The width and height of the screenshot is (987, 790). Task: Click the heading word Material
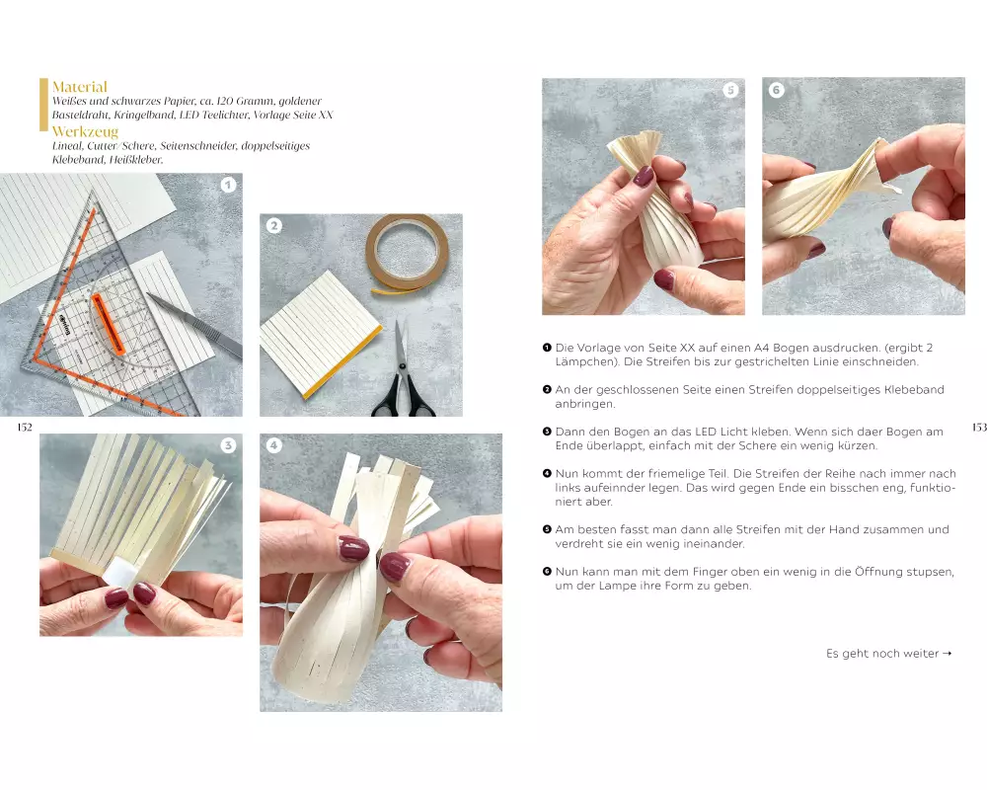(x=79, y=87)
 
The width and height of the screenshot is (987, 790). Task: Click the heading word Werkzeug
(x=85, y=131)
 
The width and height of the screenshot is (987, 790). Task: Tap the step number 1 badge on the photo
(x=228, y=185)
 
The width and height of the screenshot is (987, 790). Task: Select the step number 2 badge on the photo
(x=273, y=225)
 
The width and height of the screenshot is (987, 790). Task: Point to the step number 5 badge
(x=730, y=90)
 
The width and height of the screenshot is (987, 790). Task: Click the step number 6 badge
(x=776, y=90)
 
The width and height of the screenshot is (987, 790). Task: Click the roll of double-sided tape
(x=407, y=252)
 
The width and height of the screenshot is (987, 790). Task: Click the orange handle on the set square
(x=109, y=324)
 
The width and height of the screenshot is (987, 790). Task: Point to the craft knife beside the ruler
(x=193, y=325)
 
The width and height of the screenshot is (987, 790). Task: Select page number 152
(x=25, y=428)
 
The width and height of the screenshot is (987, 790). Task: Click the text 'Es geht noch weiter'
(x=881, y=654)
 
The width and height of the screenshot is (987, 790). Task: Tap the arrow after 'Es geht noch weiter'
(x=947, y=654)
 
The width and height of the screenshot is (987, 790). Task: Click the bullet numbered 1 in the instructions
(x=547, y=348)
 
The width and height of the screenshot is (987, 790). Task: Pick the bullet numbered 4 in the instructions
(x=547, y=474)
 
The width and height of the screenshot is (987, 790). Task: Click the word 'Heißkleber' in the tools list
(x=135, y=160)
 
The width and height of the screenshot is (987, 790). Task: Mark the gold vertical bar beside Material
(x=43, y=105)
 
